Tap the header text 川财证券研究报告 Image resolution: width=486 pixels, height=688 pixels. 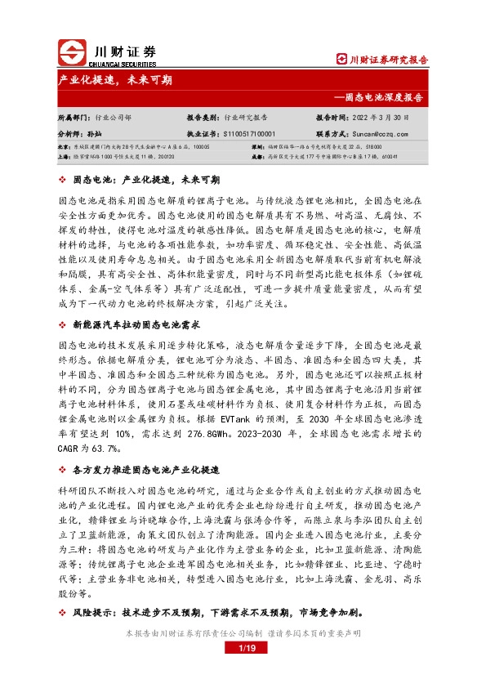point(383,60)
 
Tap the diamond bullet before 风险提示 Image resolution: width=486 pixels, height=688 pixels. point(63,611)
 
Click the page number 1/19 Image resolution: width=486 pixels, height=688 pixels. point(243,648)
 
